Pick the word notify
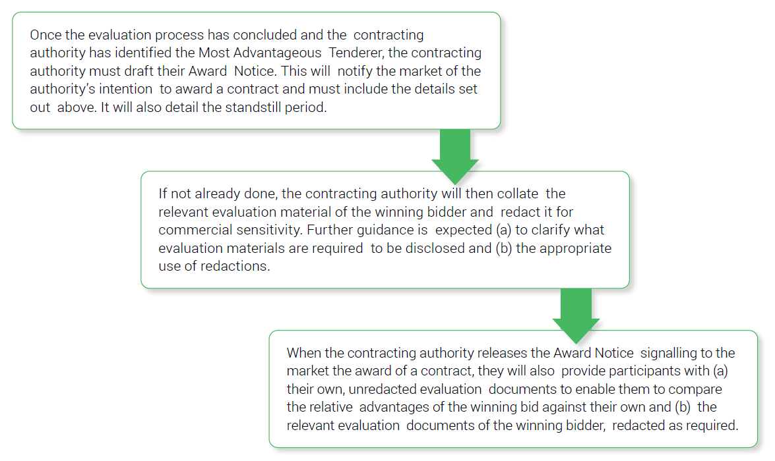coord(355,71)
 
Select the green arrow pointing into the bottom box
coord(576,316)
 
